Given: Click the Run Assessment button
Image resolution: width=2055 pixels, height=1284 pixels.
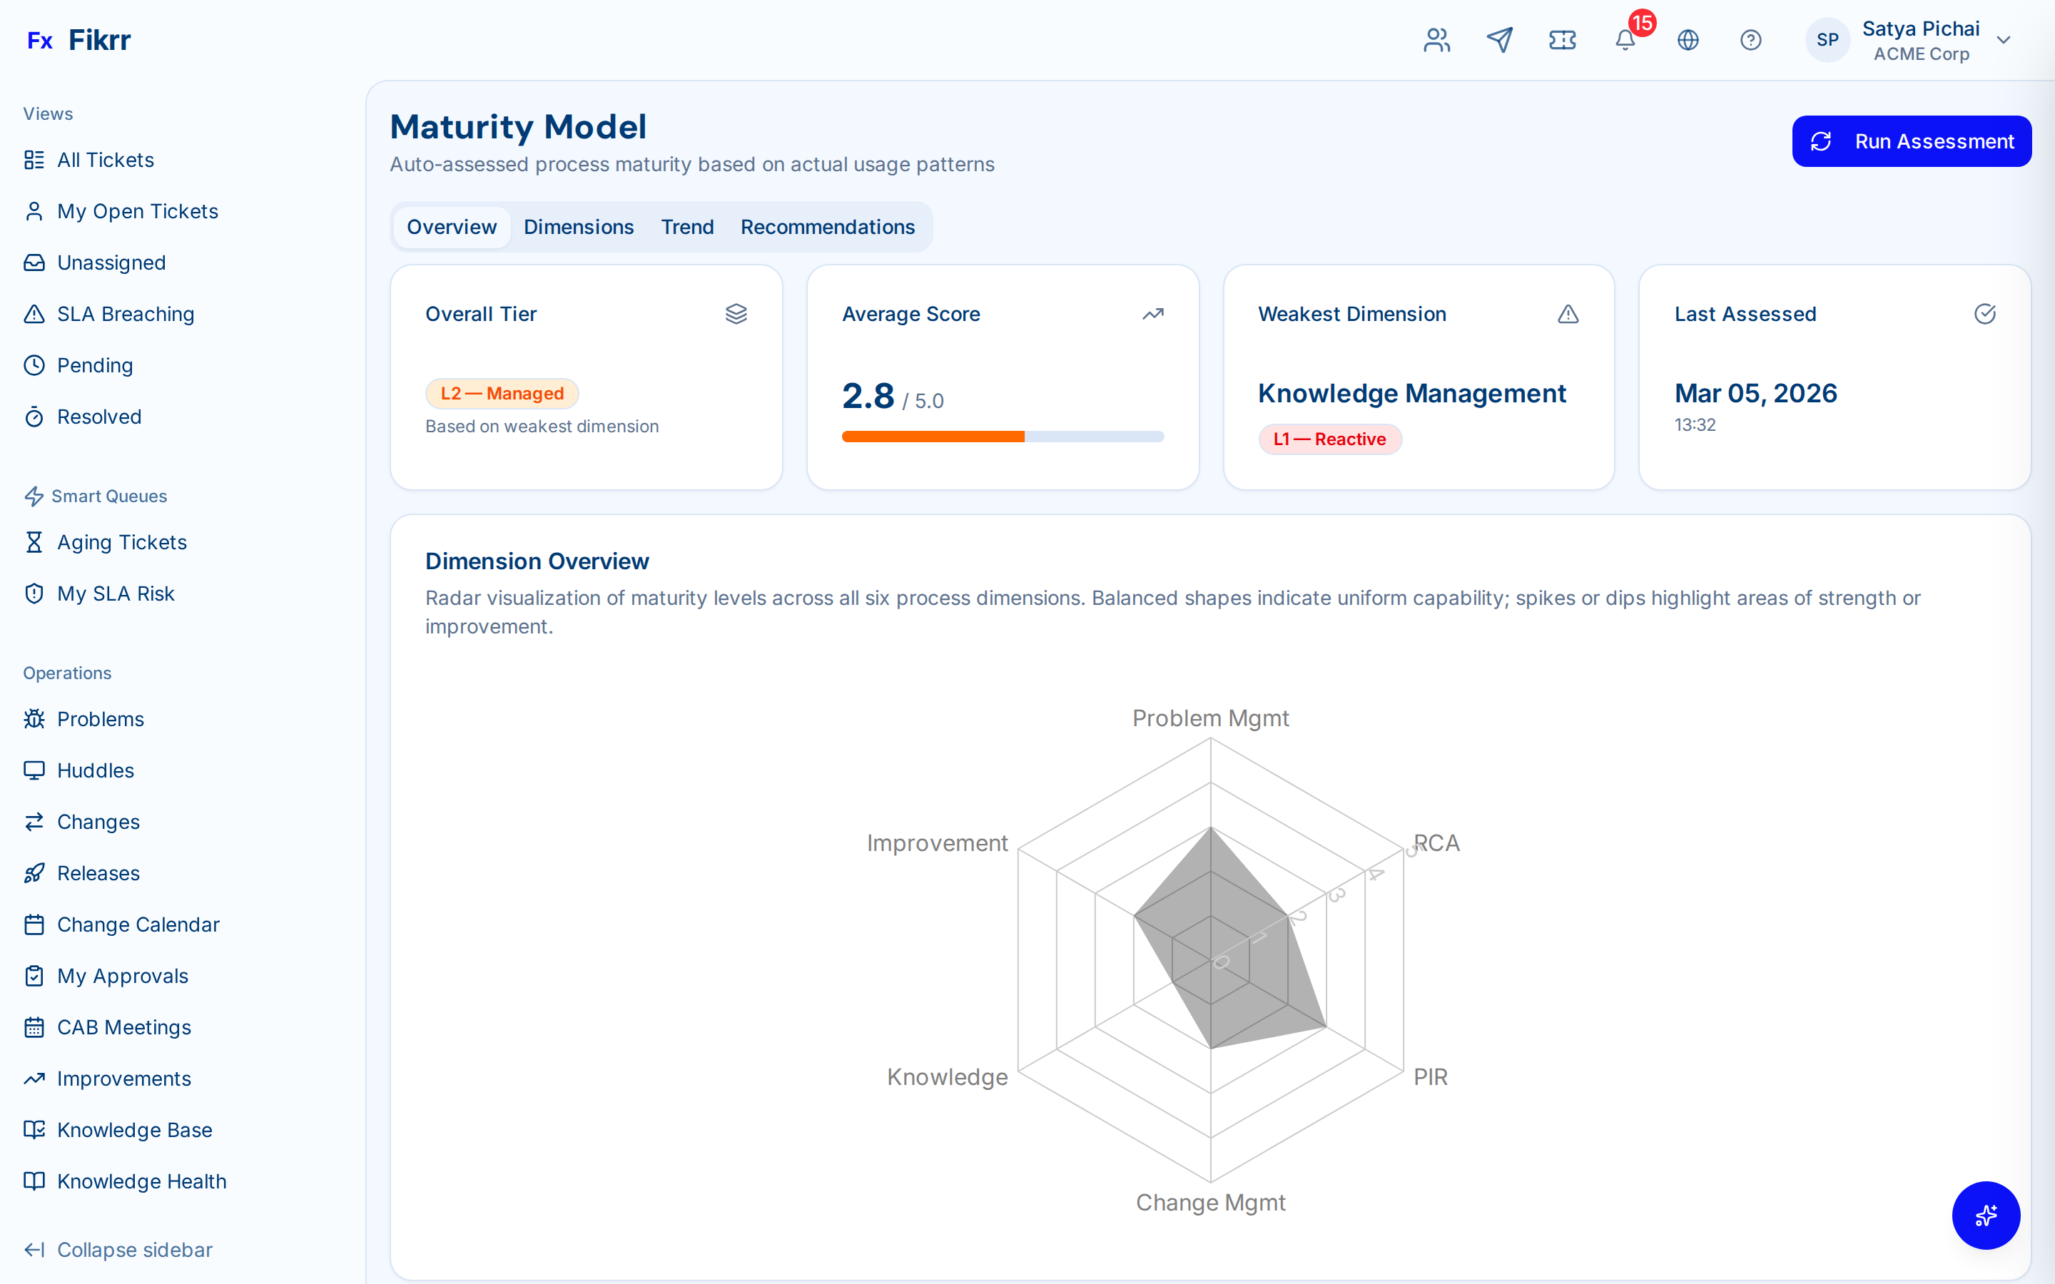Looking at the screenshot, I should coord(1911,142).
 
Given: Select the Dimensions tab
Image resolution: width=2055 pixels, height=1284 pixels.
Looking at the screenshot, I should coord(578,228).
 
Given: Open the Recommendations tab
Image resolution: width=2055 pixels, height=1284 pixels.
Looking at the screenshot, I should coord(827,228).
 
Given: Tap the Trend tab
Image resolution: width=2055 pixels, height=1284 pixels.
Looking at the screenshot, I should coord(687,228).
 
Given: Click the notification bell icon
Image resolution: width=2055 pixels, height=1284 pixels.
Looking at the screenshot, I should coord(1625,40).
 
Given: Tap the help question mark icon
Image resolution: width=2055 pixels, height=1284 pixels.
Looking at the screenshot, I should coord(1750,40).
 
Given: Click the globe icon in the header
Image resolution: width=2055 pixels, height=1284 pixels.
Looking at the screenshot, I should coord(1688,40).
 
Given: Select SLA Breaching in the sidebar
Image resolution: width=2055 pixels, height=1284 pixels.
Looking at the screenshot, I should coord(125,314).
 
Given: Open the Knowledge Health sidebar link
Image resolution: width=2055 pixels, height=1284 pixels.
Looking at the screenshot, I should coord(141,1181).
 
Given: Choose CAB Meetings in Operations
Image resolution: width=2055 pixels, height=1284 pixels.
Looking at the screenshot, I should coord(124,1027).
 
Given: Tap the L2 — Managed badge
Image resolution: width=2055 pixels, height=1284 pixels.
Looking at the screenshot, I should coord(502,394).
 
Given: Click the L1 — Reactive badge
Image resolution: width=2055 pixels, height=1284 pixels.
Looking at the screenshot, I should coord(1329,439).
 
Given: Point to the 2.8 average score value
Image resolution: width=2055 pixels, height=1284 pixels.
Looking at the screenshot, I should coord(868,397).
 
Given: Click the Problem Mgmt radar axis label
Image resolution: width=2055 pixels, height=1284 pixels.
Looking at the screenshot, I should coord(1210,718).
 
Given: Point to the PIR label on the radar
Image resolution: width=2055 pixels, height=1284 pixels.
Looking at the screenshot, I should coord(1430,1077).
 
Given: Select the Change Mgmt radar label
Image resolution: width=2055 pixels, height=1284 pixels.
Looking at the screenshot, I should coord(1210,1203).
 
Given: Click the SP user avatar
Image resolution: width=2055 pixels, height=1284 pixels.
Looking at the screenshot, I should coord(1827,40).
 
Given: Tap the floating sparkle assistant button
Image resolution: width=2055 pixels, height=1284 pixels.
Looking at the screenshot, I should coord(1985,1216).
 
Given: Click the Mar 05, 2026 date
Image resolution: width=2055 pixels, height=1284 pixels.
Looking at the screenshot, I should coord(1755,394).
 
